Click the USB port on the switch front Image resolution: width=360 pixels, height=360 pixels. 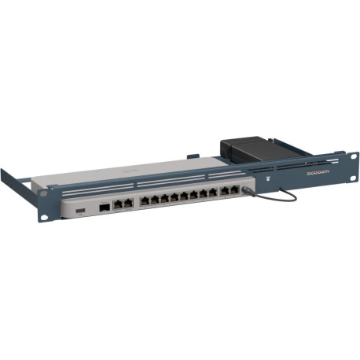tap(79, 214)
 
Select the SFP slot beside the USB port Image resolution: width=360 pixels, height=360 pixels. tap(104, 209)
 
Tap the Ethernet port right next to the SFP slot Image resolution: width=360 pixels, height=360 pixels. tap(117, 206)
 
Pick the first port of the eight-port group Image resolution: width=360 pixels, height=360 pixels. tap(144, 203)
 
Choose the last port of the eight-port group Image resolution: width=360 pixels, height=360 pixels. tap(213, 193)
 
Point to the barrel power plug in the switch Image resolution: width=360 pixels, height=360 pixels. tap(249, 189)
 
